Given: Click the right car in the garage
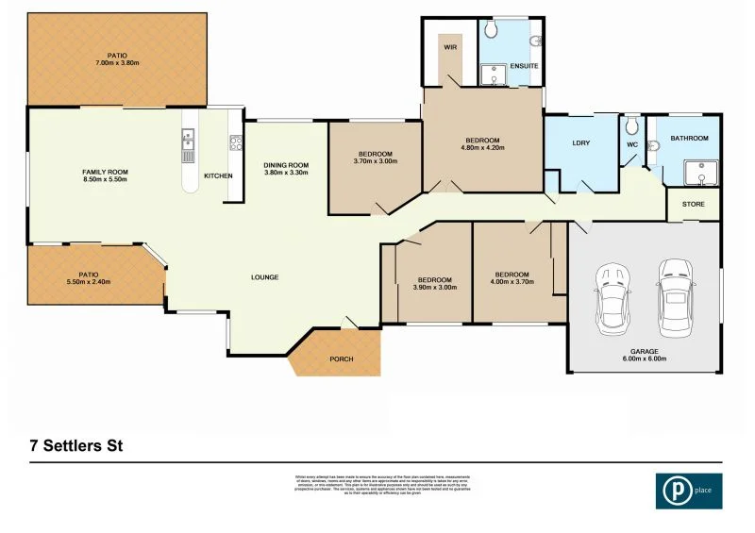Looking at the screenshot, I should (x=676, y=298).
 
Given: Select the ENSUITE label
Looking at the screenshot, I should (x=524, y=67).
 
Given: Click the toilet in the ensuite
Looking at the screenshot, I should (x=535, y=40).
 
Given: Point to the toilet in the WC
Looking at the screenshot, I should (x=632, y=125).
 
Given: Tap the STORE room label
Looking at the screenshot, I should (x=693, y=203).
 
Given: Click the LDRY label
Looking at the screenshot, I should (x=581, y=143).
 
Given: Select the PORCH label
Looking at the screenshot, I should (x=341, y=359).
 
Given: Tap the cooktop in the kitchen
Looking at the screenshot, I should (x=234, y=145).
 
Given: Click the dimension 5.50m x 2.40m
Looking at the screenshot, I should (x=89, y=282).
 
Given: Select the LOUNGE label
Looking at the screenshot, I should (x=264, y=276).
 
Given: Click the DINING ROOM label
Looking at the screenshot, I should (x=286, y=165).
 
